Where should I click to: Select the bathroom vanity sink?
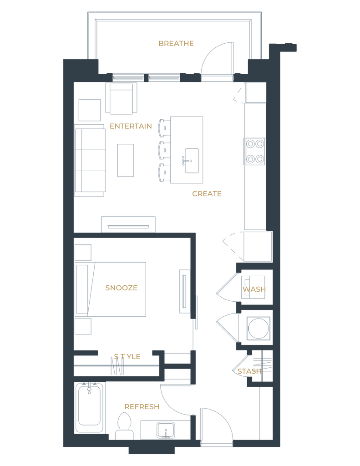165,429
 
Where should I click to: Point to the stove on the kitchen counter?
255,151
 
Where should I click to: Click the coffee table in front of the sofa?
125,160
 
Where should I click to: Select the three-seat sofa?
90,160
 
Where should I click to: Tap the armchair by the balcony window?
122,99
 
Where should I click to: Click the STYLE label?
127,356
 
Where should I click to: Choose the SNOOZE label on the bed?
121,288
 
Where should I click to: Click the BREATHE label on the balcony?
176,44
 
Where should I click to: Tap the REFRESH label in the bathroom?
142,406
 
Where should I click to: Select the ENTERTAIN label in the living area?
130,127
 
